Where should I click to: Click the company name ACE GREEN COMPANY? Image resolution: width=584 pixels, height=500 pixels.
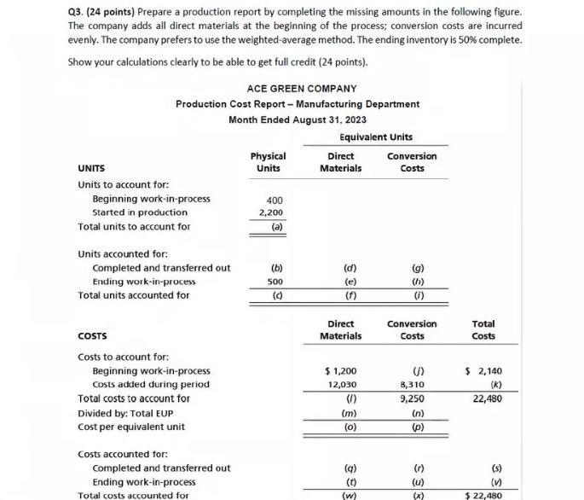click(x=302, y=89)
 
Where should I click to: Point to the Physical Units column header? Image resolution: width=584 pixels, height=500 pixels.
click(x=268, y=162)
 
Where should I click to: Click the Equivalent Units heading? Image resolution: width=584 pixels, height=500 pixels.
click(x=376, y=137)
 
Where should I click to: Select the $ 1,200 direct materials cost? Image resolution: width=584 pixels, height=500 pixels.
click(x=341, y=371)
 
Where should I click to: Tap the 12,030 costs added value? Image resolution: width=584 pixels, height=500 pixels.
click(x=341, y=385)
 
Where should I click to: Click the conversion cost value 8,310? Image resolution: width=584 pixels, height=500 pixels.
click(x=412, y=385)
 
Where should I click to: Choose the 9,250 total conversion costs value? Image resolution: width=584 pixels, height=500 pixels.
click(x=412, y=398)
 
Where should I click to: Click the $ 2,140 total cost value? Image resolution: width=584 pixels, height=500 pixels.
click(x=483, y=371)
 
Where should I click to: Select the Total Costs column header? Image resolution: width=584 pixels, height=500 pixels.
click(x=483, y=329)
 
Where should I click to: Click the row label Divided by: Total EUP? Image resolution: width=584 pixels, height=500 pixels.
click(x=125, y=413)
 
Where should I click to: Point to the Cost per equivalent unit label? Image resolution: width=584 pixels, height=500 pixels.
click(x=131, y=427)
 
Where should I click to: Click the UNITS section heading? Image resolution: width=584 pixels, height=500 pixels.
click(x=91, y=168)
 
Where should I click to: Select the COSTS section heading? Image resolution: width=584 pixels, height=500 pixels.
click(x=92, y=335)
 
